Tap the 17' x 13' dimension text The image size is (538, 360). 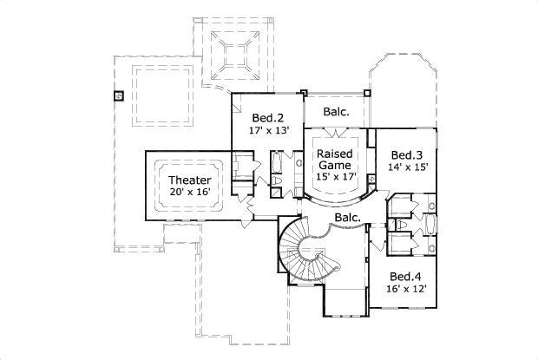[268, 133]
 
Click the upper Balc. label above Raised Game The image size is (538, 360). [337, 112]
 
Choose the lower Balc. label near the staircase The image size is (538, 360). [347, 217]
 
